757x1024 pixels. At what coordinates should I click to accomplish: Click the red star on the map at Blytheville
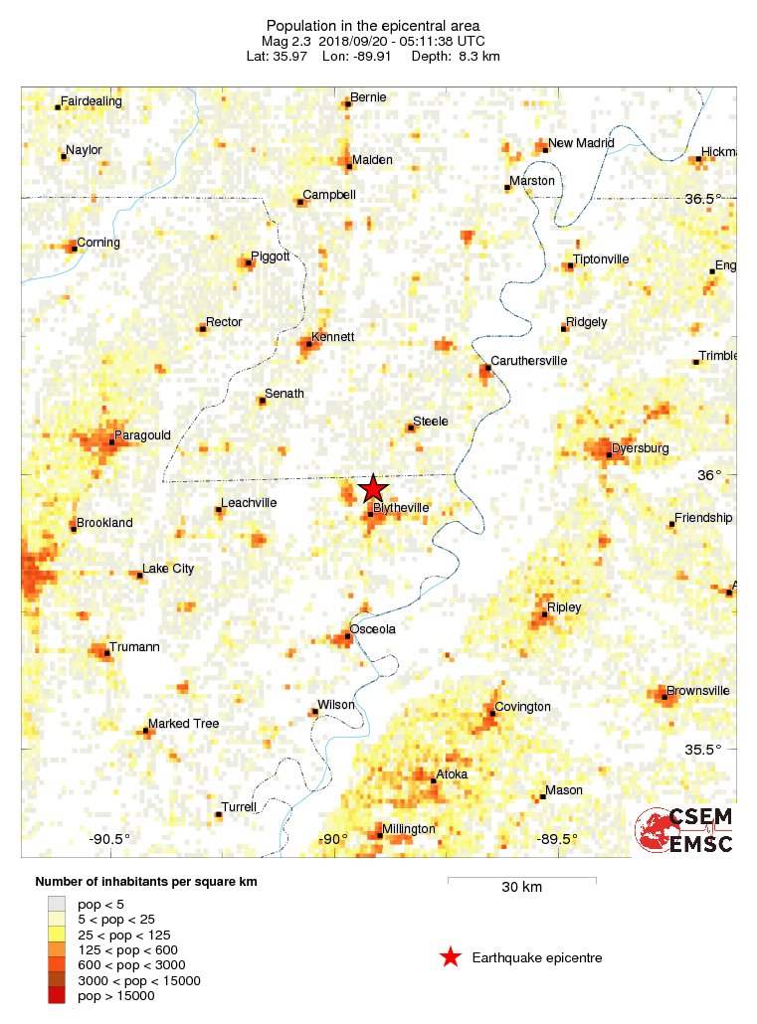[x=373, y=488]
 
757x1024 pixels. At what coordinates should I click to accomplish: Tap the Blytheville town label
[x=401, y=508]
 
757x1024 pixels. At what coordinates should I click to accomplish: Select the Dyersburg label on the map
[x=640, y=448]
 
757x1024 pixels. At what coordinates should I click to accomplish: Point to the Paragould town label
[x=143, y=435]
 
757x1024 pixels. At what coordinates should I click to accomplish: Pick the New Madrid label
[x=581, y=143]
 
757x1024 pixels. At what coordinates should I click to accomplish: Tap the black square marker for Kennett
[x=307, y=345]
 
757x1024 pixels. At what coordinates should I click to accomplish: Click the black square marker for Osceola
[x=348, y=636]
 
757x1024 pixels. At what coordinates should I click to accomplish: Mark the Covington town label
[x=522, y=707]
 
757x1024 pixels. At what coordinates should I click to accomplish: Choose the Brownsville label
[x=698, y=691]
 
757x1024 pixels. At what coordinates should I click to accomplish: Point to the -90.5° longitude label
[x=109, y=839]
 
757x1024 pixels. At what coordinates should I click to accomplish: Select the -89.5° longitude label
[x=559, y=839]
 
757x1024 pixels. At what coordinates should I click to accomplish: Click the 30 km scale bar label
[x=521, y=888]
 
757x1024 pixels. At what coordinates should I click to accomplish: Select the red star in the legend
[x=450, y=957]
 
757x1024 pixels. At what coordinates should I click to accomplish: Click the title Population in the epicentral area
[x=373, y=25]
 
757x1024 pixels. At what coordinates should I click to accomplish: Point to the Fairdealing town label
[x=92, y=101]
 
